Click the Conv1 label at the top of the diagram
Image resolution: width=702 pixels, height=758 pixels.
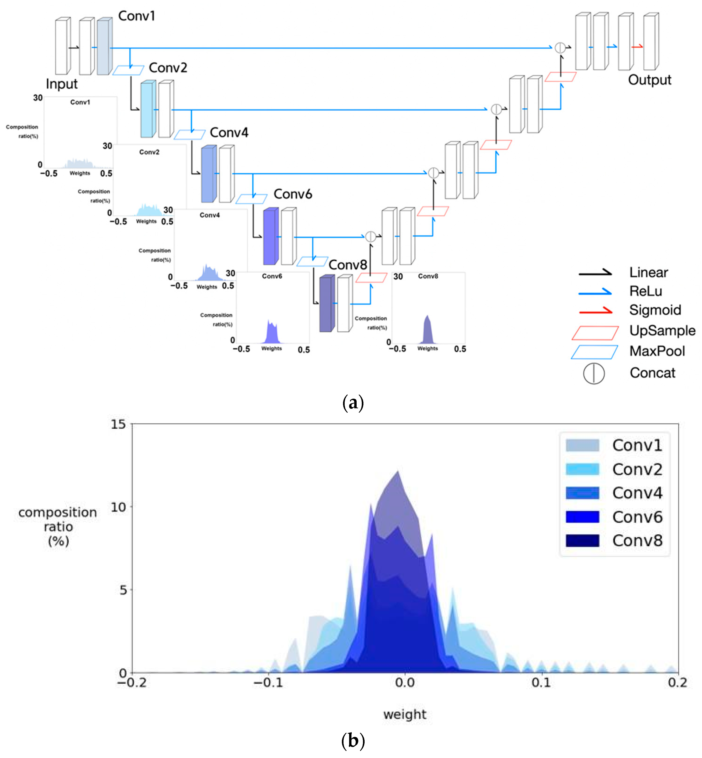(136, 16)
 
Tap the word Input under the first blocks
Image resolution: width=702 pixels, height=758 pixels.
(62, 84)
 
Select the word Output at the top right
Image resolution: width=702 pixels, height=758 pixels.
(650, 80)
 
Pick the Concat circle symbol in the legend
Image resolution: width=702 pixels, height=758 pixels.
(594, 373)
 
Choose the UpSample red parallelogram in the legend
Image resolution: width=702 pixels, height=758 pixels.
(595, 333)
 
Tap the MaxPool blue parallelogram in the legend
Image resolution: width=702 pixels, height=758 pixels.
(594, 352)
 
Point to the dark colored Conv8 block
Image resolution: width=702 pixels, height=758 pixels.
(326, 304)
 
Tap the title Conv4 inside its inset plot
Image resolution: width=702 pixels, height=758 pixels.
(210, 215)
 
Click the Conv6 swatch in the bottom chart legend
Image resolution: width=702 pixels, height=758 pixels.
(582, 517)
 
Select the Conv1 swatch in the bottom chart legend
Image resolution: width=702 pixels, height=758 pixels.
(582, 445)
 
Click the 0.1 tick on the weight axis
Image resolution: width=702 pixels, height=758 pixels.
(541, 683)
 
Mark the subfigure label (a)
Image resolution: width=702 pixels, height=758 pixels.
(353, 402)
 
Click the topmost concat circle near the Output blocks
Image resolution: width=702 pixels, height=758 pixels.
(560, 48)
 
